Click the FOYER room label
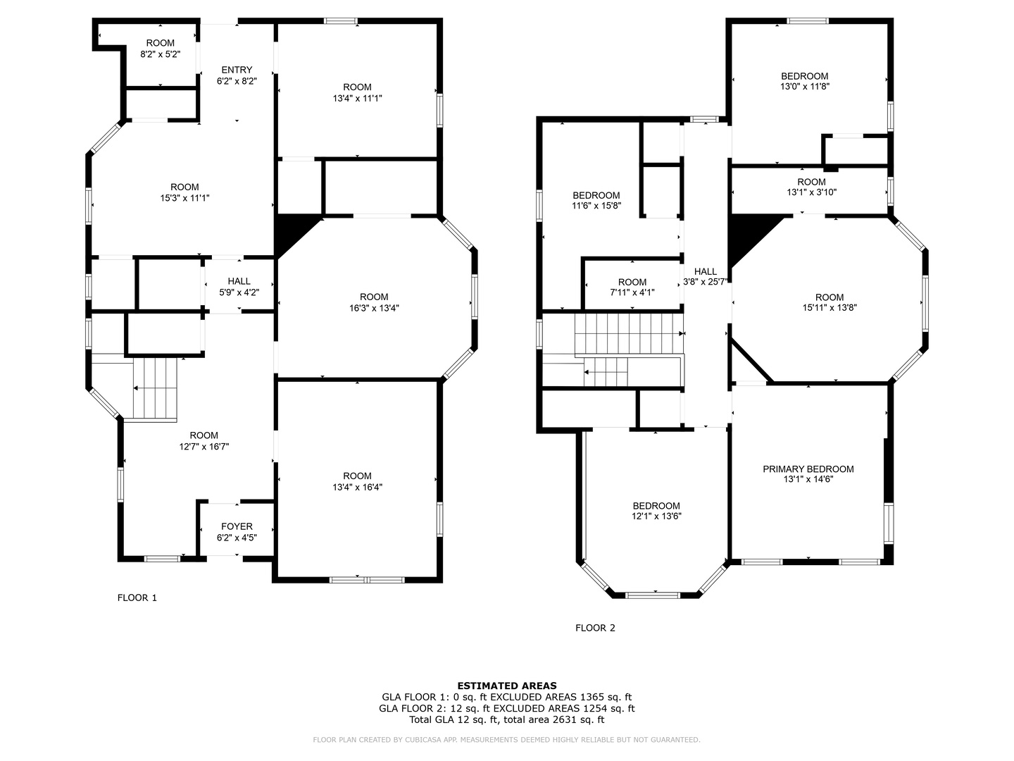(x=237, y=526)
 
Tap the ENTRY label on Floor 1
(x=237, y=70)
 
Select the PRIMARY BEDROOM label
(x=808, y=469)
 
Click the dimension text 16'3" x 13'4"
(x=374, y=308)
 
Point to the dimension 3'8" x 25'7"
(x=706, y=282)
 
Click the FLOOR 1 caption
(x=137, y=598)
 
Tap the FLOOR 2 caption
(x=595, y=628)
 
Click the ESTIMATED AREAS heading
(x=506, y=686)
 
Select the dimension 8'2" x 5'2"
(x=161, y=54)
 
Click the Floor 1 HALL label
(x=239, y=281)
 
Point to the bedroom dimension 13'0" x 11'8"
(x=804, y=87)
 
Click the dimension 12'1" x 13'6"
(x=656, y=516)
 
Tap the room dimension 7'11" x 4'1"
(x=632, y=292)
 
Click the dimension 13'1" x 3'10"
(x=811, y=192)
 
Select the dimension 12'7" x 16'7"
(x=204, y=446)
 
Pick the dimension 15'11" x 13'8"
(x=830, y=308)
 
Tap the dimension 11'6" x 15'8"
(x=596, y=206)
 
